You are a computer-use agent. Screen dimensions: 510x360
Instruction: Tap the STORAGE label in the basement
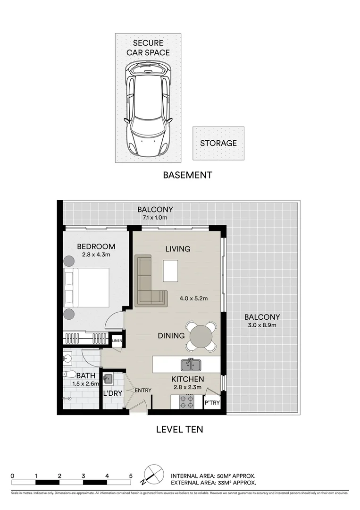[x=218, y=143]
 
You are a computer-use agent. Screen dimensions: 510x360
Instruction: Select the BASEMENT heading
[x=187, y=175]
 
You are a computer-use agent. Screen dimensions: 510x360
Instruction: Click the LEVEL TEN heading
[x=179, y=430]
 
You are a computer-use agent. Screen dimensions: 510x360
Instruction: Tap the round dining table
[x=201, y=336]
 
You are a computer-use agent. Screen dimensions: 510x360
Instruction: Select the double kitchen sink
[x=192, y=365]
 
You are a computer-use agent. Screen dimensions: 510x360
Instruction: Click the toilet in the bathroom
[x=70, y=374]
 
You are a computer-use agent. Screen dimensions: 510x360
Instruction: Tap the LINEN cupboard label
[x=117, y=341]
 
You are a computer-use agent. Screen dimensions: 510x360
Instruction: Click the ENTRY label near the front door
[x=143, y=391]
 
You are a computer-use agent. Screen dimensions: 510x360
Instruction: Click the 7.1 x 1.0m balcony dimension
[x=155, y=218]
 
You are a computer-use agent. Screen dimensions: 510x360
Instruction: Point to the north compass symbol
[x=151, y=474]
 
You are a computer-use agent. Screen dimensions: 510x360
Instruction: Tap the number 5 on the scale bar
[x=131, y=476]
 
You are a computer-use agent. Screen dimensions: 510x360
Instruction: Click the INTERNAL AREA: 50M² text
[x=213, y=476]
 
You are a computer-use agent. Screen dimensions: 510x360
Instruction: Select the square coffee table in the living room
[x=170, y=271]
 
